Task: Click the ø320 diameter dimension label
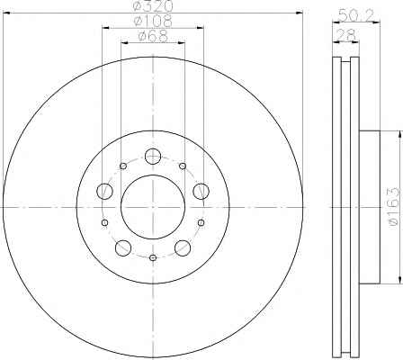pos(153,5)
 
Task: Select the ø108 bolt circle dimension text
pos(153,21)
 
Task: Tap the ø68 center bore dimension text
pos(153,36)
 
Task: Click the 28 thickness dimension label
pos(346,34)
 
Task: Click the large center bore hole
pos(153,207)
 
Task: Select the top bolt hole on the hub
pos(153,156)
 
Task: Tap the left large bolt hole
pos(104,191)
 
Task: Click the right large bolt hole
pos(201,191)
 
